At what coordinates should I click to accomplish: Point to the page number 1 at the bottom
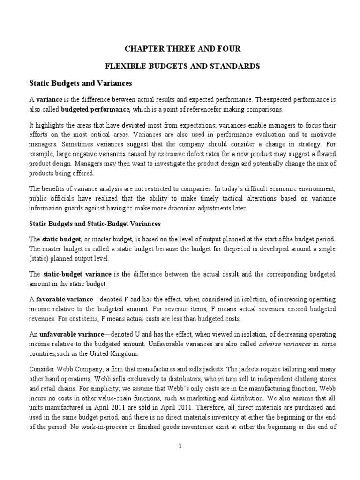180,446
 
